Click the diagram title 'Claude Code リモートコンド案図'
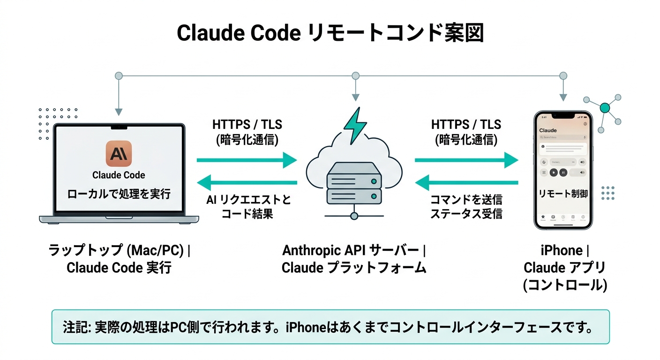point(330,34)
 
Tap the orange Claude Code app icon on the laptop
point(119,154)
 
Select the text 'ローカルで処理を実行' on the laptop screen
point(119,194)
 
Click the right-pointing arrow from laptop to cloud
point(247,161)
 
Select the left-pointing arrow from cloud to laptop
point(247,182)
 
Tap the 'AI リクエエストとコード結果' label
point(248,207)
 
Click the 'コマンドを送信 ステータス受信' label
point(466,207)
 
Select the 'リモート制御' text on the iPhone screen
point(563,193)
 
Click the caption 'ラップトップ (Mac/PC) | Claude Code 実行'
point(120,259)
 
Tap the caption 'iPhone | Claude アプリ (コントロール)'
point(564,268)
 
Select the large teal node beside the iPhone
point(605,108)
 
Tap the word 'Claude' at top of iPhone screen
point(548,130)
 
